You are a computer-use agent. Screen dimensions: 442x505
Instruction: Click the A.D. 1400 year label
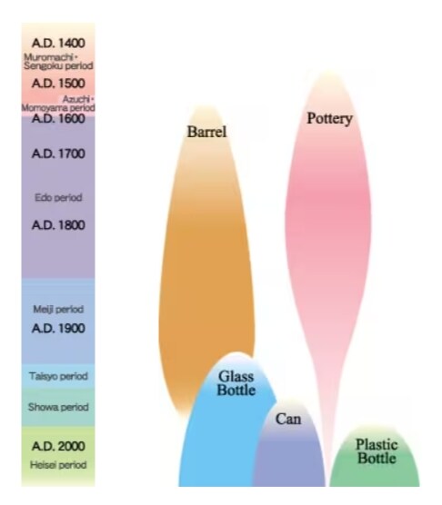click(x=58, y=43)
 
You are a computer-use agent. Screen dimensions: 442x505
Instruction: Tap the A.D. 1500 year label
click(x=58, y=83)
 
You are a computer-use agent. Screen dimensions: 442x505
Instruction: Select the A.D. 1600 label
click(x=58, y=118)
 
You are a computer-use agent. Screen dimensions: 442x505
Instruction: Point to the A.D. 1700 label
click(x=58, y=153)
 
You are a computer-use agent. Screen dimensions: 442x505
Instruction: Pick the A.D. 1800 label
click(x=58, y=225)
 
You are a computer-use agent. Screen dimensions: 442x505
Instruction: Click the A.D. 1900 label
click(x=58, y=328)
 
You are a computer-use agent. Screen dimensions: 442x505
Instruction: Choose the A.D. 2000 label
click(x=58, y=446)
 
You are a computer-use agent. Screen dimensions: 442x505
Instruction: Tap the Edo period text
click(x=58, y=197)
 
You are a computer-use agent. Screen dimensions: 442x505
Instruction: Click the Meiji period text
click(x=58, y=309)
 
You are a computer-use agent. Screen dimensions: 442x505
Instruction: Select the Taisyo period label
click(x=58, y=376)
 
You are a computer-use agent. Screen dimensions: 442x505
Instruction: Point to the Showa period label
click(x=58, y=407)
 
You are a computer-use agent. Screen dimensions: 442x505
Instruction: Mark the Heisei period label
click(x=58, y=465)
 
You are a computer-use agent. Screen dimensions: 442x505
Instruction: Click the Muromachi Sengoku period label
click(x=58, y=62)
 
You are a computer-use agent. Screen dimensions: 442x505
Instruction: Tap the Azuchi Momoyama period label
click(x=58, y=104)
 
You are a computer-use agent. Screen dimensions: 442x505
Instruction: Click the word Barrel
click(x=207, y=132)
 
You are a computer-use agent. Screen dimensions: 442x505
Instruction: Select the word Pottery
click(x=329, y=118)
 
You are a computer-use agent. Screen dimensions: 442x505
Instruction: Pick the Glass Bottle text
click(x=236, y=383)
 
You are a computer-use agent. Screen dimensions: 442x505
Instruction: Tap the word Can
click(x=288, y=419)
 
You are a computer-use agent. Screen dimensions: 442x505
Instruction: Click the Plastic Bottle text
click(x=377, y=451)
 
